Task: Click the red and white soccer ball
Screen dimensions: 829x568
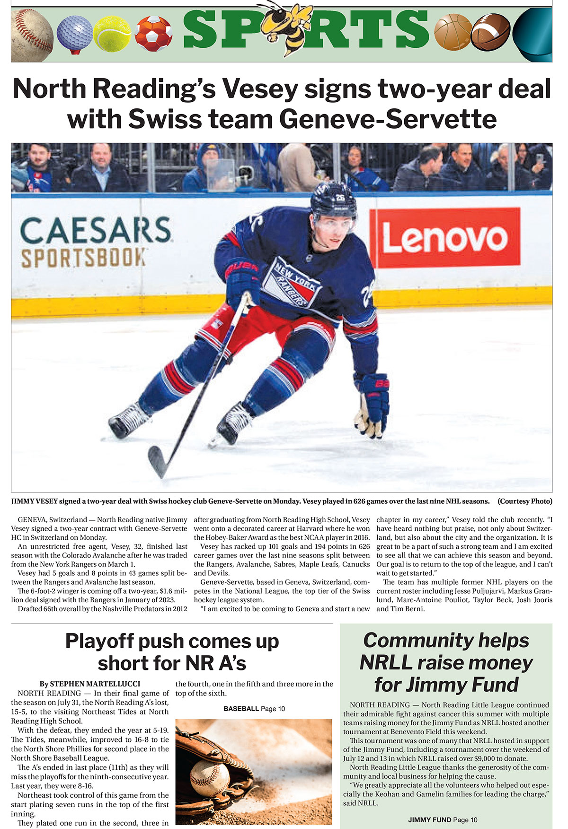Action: coord(153,33)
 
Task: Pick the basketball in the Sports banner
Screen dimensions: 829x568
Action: coord(453,32)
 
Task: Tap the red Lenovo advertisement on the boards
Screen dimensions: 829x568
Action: coord(444,239)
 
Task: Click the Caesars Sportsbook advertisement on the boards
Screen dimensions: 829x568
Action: coord(95,242)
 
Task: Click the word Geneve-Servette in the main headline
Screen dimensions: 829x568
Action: coord(388,119)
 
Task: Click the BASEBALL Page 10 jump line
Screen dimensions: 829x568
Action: coord(254,709)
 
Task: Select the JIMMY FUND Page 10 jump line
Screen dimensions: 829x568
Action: coord(443,820)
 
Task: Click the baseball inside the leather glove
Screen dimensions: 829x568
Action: coord(209,778)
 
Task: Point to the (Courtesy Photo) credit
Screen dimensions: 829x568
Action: coord(525,501)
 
